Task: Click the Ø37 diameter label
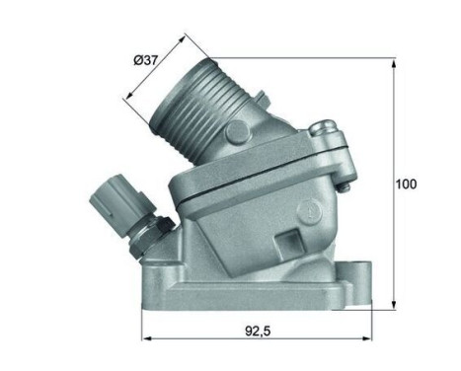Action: pyautogui.click(x=148, y=62)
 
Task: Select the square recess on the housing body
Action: pyautogui.click(x=289, y=241)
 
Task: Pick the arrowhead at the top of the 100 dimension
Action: pyautogui.click(x=393, y=62)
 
